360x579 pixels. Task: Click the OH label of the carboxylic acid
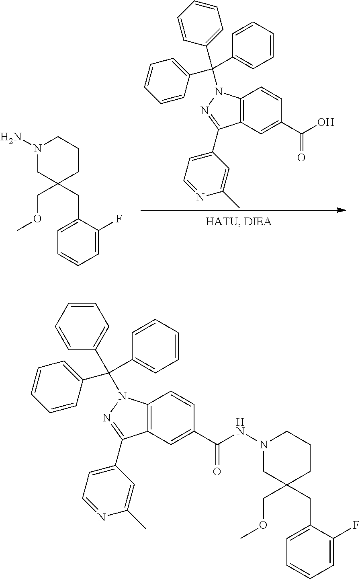325,122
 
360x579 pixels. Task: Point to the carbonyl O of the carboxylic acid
301,157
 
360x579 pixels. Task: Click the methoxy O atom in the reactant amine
37,218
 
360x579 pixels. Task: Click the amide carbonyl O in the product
217,470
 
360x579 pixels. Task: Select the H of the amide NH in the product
240,422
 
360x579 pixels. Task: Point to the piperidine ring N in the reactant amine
37,149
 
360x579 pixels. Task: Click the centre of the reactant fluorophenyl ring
78,242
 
